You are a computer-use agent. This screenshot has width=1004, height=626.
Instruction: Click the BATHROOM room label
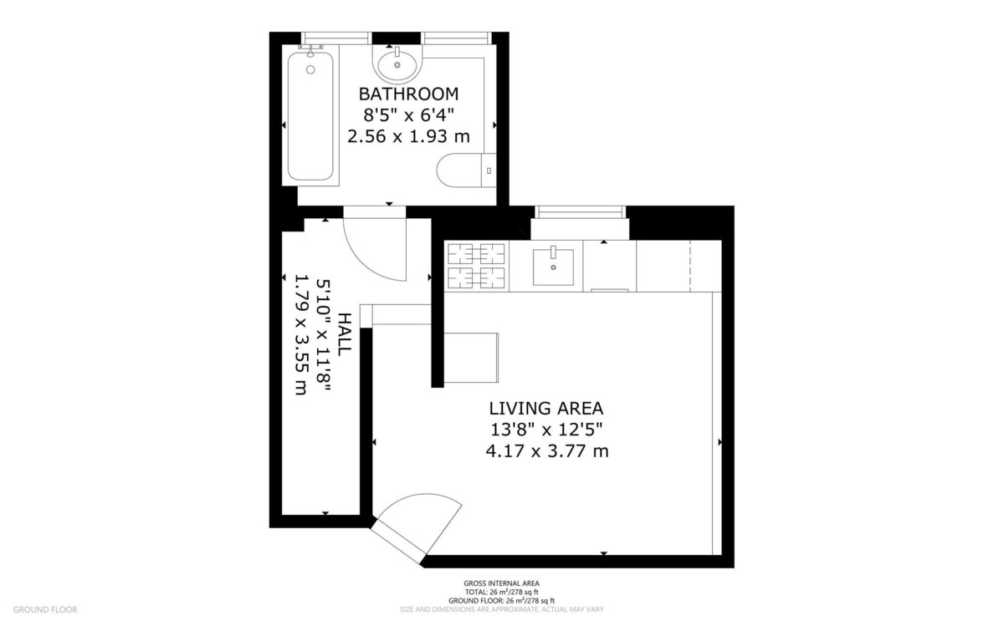[x=409, y=94]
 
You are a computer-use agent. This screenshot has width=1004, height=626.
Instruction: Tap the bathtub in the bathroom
[x=310, y=116]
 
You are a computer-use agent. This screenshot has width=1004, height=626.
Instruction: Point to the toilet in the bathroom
[x=466, y=170]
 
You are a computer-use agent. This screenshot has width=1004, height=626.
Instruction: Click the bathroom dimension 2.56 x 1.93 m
[x=409, y=136]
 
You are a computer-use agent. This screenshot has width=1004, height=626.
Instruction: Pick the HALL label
[x=344, y=334]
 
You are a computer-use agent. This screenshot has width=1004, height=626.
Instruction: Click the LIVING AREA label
[x=546, y=409]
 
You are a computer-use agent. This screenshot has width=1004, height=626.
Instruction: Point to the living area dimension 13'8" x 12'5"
[x=546, y=430]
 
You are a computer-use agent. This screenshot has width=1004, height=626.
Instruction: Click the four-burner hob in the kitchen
[x=476, y=266]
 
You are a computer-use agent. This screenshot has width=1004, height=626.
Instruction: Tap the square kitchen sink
[x=553, y=267]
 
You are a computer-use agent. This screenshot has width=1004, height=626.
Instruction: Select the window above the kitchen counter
[x=581, y=211]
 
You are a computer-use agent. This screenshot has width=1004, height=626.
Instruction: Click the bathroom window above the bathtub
[x=336, y=38]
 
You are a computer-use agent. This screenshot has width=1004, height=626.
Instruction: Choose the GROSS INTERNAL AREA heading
[x=501, y=583]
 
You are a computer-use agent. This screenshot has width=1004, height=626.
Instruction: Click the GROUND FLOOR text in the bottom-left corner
[x=45, y=609]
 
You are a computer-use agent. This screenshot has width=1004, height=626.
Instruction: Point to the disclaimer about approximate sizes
[x=501, y=609]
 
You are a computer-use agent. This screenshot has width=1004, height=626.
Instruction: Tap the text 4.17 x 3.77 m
[x=547, y=451]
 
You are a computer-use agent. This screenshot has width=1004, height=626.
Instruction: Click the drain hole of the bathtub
[x=310, y=69]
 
